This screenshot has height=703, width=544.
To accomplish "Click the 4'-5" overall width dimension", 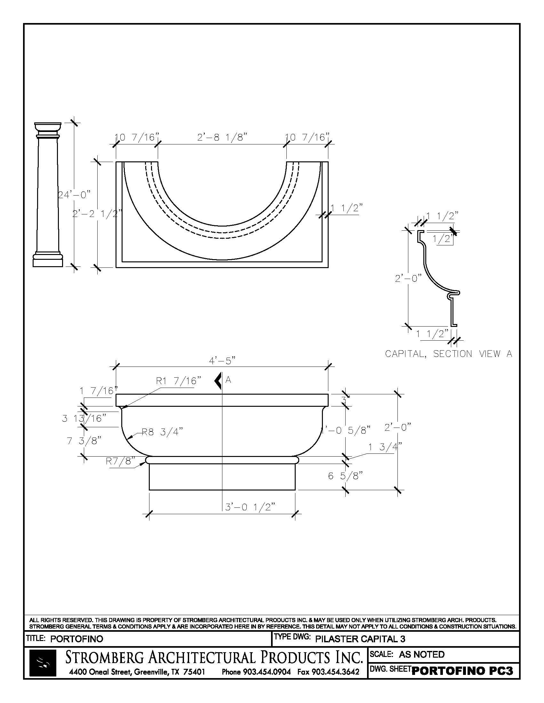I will pyautogui.click(x=222, y=361).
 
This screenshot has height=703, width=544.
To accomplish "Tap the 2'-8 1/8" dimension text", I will pyautogui.click(x=222, y=138).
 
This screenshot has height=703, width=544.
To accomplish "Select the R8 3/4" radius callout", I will pyautogui.click(x=163, y=432).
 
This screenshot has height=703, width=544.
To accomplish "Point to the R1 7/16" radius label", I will pyautogui.click(x=179, y=381).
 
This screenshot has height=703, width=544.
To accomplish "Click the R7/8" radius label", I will pyautogui.click(x=120, y=461).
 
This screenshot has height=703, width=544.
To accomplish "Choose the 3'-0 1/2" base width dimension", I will pyautogui.click(x=250, y=507).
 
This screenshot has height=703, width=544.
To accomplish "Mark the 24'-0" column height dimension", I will pyautogui.click(x=74, y=195).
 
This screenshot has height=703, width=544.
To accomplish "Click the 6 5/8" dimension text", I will pyautogui.click(x=345, y=476).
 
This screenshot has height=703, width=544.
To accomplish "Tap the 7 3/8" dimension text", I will pyautogui.click(x=84, y=441).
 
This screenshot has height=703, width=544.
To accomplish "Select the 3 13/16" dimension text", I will pyautogui.click(x=84, y=419).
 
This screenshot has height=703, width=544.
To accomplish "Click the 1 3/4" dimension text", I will pyautogui.click(x=385, y=447).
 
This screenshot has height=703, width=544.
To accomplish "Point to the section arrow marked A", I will pyautogui.click(x=218, y=381).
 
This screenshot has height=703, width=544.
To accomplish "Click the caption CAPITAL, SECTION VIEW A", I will pyautogui.click(x=448, y=354).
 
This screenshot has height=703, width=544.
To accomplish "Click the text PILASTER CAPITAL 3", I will pyautogui.click(x=360, y=639).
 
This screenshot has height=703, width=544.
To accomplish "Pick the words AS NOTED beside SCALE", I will pyautogui.click(x=421, y=654).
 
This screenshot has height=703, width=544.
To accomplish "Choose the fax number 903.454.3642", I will pyautogui.click(x=328, y=672).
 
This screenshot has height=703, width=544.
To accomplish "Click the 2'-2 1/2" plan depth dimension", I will pyautogui.click(x=97, y=214).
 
